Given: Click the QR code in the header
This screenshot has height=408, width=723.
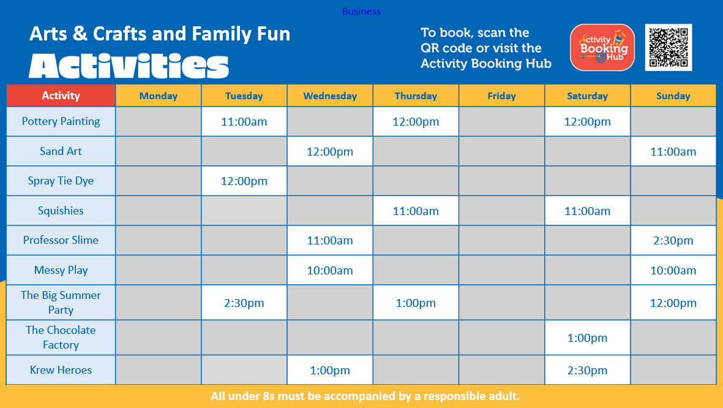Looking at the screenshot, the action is (x=668, y=48).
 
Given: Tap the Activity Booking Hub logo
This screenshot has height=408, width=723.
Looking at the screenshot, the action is (x=602, y=48).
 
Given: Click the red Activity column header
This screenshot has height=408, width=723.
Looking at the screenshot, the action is (x=61, y=96).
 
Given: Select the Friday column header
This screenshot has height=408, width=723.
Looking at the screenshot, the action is (x=501, y=96).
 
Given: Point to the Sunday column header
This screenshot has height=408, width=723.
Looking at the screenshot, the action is (x=673, y=96).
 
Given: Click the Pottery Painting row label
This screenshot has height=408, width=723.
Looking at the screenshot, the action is (x=61, y=121).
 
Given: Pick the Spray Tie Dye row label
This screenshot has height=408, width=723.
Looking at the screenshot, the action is (x=61, y=181).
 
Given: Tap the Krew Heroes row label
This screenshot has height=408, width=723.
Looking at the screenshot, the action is (x=61, y=369).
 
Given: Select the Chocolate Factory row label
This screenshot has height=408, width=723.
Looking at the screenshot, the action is (x=61, y=338).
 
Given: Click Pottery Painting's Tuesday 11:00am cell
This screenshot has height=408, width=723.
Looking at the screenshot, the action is (x=244, y=122).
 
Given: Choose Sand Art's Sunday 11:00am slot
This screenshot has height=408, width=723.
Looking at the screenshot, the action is (x=673, y=151).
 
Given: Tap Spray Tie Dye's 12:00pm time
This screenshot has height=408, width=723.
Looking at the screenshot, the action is (x=244, y=181).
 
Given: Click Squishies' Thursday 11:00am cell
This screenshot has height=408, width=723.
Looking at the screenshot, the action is (x=416, y=211).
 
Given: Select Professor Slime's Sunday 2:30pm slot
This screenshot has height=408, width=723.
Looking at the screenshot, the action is (x=673, y=241).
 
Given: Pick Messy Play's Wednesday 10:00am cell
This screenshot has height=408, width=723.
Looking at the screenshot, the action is (x=330, y=270).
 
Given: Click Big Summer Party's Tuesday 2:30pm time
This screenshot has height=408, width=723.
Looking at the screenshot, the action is (x=244, y=303).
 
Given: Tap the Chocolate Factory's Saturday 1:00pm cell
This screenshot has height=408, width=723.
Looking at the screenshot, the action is (x=588, y=338).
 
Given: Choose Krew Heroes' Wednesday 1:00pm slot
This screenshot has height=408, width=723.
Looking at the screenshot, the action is (x=330, y=370).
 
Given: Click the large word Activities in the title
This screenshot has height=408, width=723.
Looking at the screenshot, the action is (x=129, y=66).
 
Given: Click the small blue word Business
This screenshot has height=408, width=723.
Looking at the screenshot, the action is (x=361, y=12).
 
